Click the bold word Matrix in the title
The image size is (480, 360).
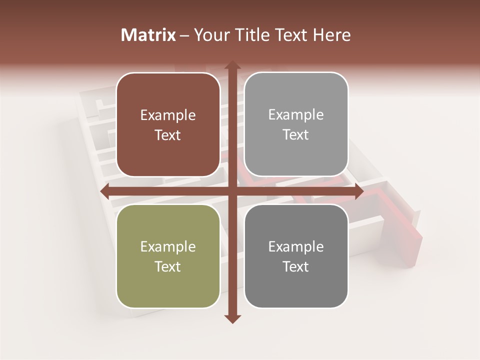click(x=149, y=35)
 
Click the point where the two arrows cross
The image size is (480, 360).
click(x=232, y=191)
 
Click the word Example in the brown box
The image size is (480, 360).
click(x=168, y=115)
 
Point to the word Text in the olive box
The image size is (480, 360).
click(x=168, y=266)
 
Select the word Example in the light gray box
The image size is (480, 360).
click(x=296, y=115)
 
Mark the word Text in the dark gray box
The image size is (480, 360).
click(x=296, y=266)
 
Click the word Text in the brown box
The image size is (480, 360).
click(x=168, y=135)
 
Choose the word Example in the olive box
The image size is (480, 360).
click(x=168, y=247)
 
